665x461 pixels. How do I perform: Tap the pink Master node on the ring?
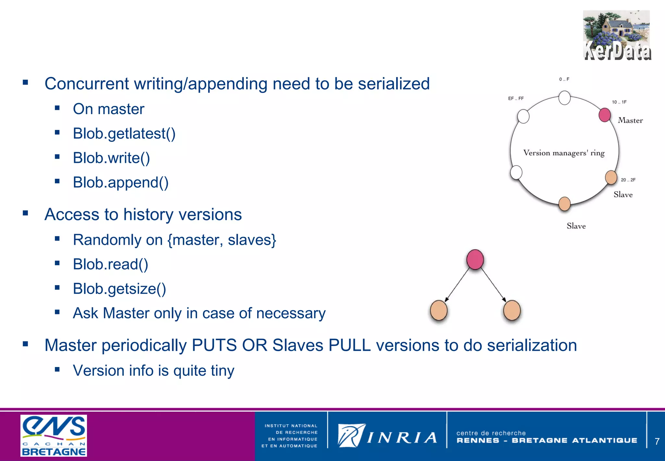(x=604, y=115)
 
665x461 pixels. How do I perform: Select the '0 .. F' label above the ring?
(x=564, y=79)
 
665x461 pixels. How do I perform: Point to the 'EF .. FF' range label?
(x=516, y=99)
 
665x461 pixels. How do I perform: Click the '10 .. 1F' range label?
(x=619, y=102)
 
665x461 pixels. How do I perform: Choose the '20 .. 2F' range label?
(x=628, y=180)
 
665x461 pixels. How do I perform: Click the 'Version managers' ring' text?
(x=564, y=153)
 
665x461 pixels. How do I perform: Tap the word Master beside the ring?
(x=630, y=121)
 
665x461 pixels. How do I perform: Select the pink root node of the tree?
(x=475, y=259)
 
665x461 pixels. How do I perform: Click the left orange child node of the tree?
(x=438, y=310)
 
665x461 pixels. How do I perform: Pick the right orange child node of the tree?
(x=512, y=310)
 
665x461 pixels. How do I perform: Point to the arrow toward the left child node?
(x=457, y=285)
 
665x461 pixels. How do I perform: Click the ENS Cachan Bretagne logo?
(x=54, y=435)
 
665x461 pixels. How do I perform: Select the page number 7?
(x=657, y=441)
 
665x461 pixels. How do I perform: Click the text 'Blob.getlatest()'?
(x=124, y=134)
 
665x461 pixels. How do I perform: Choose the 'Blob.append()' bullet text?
(x=120, y=182)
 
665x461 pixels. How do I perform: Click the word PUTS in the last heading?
(x=214, y=345)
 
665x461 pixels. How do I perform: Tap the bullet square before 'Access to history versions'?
(x=25, y=213)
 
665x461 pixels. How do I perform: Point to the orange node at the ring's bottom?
(x=564, y=204)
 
